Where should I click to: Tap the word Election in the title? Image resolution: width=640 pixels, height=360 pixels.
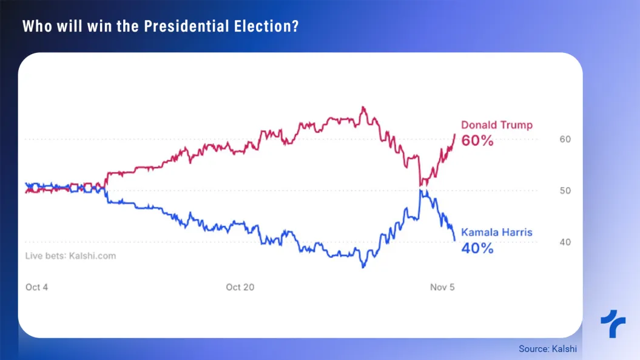pyautogui.click(x=265, y=27)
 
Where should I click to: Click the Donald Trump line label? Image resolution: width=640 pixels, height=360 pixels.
pyautogui.click(x=496, y=125)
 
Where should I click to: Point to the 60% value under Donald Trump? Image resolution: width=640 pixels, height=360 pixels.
pyautogui.click(x=477, y=141)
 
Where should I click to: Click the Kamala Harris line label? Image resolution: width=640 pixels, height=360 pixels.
pyautogui.click(x=497, y=233)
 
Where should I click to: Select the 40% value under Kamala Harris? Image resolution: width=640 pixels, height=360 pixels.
pyautogui.click(x=477, y=248)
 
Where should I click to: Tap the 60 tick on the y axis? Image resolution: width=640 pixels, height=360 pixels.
pyautogui.click(x=565, y=139)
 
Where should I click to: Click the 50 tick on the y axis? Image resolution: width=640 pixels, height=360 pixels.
pyautogui.click(x=565, y=191)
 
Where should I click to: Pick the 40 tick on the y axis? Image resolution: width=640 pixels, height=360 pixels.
pyautogui.click(x=565, y=242)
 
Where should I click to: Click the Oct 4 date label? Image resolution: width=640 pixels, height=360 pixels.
pyautogui.click(x=36, y=287)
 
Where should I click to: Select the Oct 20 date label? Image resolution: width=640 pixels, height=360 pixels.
pyautogui.click(x=240, y=287)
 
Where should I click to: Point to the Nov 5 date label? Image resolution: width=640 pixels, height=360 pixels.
pyautogui.click(x=442, y=287)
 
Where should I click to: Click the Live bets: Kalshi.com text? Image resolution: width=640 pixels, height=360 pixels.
pyautogui.click(x=70, y=256)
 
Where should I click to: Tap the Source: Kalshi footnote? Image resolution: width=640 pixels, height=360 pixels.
pyautogui.click(x=547, y=349)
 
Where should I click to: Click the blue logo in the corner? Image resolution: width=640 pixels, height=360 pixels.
pyautogui.click(x=613, y=324)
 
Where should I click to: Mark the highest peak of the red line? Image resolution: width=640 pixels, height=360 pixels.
pyautogui.click(x=363, y=107)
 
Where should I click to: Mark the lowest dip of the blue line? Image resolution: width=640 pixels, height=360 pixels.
pyautogui.click(x=363, y=267)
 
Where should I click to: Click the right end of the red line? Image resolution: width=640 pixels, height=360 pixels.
pyautogui.click(x=455, y=134)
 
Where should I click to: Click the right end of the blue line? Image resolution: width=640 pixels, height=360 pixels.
pyautogui.click(x=455, y=240)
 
